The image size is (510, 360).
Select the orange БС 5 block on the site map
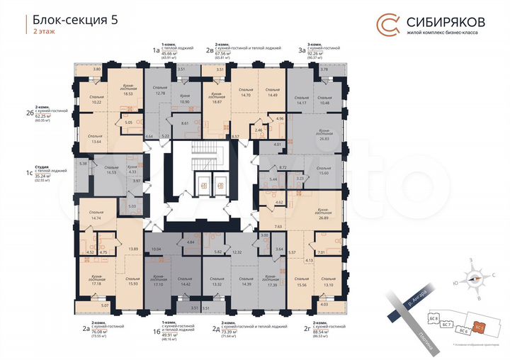[480, 327]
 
